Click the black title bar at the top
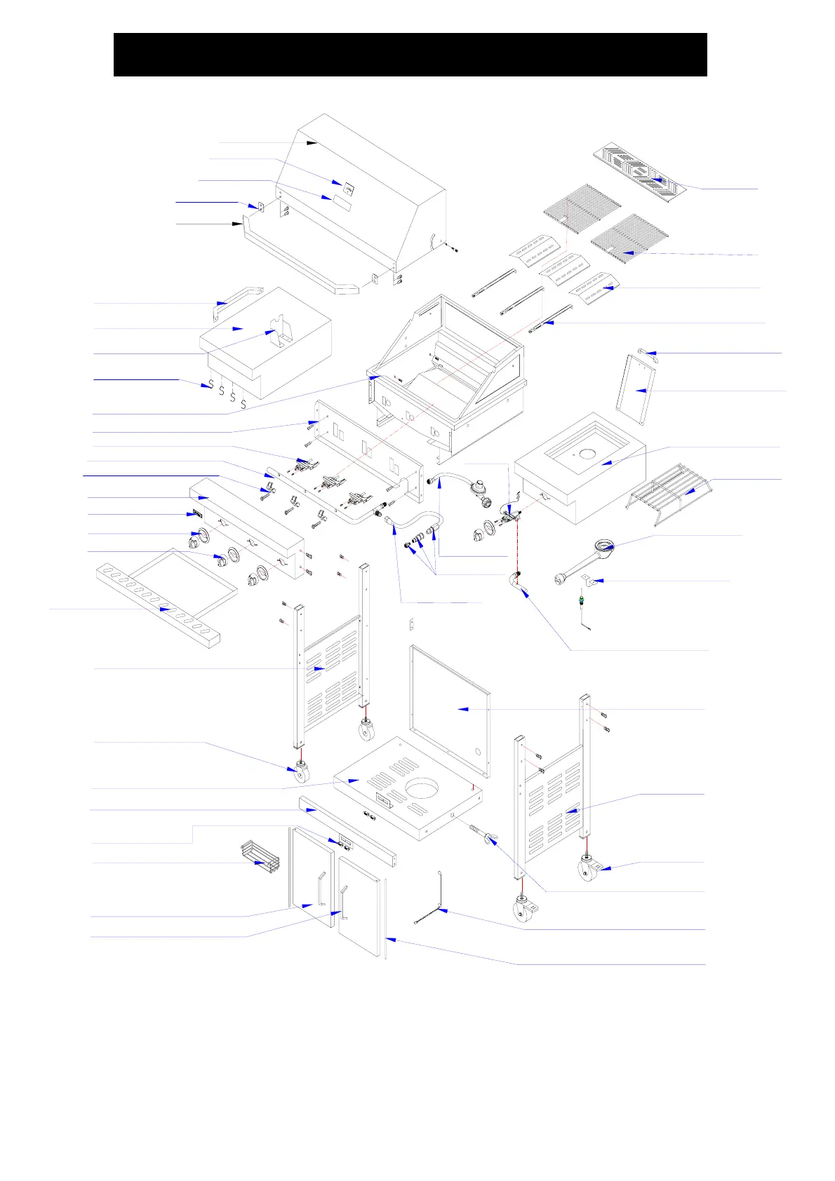point(410,54)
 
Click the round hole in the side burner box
point(587,454)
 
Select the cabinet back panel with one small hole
point(449,708)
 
